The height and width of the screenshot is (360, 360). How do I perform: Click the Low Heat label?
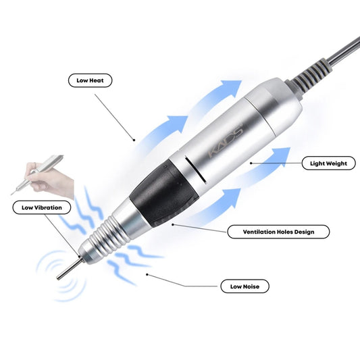pos(90,80)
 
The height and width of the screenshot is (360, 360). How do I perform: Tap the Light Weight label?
pos(328,163)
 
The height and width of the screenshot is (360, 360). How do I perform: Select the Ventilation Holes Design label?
pos(278,232)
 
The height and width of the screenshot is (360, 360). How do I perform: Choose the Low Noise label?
pos(245,286)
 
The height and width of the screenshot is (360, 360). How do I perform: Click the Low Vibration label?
pos(42,207)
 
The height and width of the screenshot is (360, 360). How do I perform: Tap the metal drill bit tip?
pos(70,268)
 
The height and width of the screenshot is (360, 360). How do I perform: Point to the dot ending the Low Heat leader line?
pos(134,140)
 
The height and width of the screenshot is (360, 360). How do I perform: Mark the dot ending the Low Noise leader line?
pos(147,274)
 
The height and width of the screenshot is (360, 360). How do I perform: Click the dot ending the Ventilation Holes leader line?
pos(173,224)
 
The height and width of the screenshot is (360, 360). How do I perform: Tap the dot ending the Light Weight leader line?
pos(251,163)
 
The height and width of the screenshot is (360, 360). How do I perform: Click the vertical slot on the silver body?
pos(195,170)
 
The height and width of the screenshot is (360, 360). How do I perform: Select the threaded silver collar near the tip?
pos(105,236)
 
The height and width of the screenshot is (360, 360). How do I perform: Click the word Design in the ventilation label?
pos(304,232)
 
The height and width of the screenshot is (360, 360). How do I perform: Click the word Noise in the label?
pos(251,286)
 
